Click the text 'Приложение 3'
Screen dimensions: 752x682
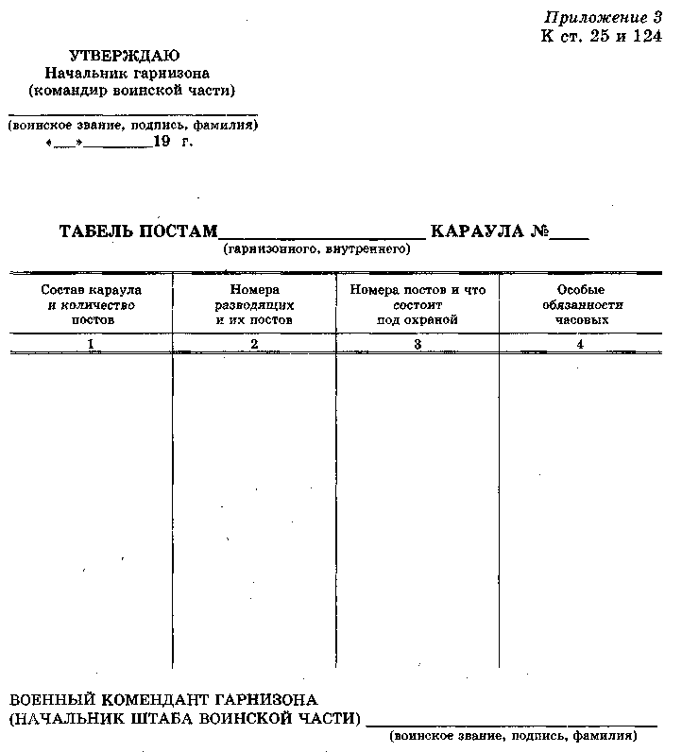click(603, 18)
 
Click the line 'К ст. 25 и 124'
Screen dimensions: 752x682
click(602, 36)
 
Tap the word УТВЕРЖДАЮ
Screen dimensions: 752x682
click(125, 57)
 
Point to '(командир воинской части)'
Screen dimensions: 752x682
click(132, 90)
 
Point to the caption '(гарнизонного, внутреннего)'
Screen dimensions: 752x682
click(316, 249)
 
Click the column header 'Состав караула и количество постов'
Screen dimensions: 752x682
click(92, 305)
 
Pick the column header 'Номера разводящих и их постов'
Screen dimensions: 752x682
click(254, 305)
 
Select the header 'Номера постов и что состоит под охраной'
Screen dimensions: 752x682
click(418, 305)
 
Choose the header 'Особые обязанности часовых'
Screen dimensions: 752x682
click(580, 305)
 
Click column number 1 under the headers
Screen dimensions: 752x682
click(91, 345)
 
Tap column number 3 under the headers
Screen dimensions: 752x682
click(417, 345)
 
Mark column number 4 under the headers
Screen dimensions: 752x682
click(580, 345)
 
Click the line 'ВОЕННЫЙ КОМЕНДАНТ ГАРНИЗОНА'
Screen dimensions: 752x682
click(162, 700)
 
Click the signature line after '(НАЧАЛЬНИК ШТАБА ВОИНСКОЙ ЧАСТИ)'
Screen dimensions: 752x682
click(510, 723)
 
